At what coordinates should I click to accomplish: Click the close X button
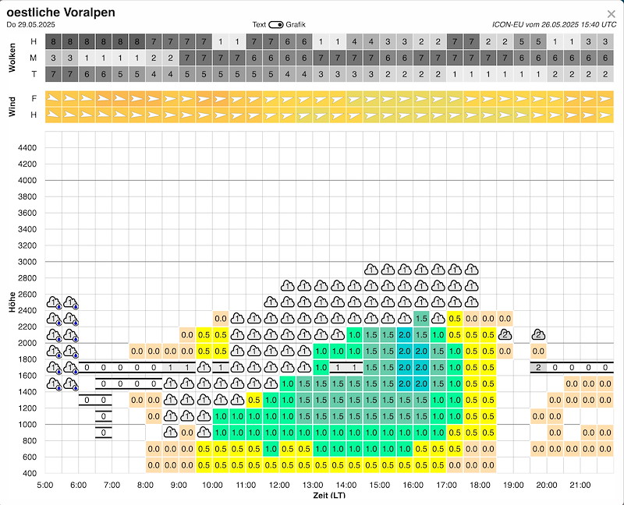611,13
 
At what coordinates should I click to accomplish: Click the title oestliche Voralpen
61,12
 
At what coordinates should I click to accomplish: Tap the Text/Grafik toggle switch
275,25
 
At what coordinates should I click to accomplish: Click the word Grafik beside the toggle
296,25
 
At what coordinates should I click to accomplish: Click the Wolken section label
12,58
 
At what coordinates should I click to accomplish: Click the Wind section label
12,107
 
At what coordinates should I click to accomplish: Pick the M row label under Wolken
33,58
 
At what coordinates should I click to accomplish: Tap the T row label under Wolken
33,74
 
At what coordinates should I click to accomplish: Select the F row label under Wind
33,99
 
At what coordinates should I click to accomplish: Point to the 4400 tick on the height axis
27,148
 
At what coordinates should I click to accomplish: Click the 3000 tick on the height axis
27,262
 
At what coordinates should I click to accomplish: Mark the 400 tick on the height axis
30,473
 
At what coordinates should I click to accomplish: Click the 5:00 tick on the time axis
45,485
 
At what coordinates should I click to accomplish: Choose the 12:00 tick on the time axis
279,485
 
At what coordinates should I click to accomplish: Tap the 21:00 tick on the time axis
580,485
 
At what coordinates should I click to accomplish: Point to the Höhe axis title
12,302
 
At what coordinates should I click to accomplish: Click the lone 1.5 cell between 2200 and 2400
421,318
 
